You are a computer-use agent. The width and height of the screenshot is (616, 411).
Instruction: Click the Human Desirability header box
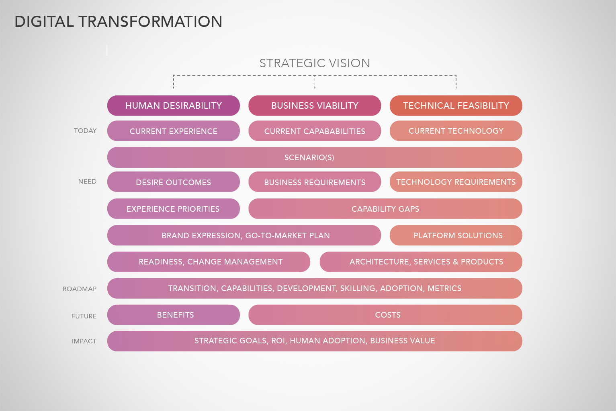174,105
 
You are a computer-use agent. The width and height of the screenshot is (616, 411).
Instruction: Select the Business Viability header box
315,105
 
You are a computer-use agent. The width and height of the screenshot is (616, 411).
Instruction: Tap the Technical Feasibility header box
456,105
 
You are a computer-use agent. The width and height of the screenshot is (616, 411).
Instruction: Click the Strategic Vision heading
315,63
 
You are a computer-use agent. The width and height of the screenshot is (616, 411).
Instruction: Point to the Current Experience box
174,131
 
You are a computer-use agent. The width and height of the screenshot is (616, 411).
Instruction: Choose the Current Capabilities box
315,131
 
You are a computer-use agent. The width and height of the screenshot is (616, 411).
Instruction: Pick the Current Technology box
456,131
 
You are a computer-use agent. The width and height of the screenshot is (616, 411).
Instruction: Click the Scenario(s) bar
315,157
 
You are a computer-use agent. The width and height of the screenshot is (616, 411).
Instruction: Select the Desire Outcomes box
174,182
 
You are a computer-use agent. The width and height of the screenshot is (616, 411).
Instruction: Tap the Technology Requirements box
456,182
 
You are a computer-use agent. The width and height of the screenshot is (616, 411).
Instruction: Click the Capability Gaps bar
385,209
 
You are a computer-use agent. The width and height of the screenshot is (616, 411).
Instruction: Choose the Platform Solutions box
456,235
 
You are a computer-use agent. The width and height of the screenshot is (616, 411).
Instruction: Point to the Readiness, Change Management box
209,262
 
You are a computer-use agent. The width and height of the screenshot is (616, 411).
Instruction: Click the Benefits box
174,315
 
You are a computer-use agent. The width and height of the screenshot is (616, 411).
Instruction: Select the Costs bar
385,315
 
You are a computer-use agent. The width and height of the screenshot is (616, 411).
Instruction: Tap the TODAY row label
85,130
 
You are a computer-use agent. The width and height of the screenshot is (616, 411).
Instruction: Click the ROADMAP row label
80,289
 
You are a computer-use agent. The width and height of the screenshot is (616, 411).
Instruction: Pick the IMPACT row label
84,341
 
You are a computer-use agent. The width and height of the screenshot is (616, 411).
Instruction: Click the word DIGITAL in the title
44,21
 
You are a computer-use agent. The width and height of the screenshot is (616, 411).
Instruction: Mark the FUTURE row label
84,316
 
